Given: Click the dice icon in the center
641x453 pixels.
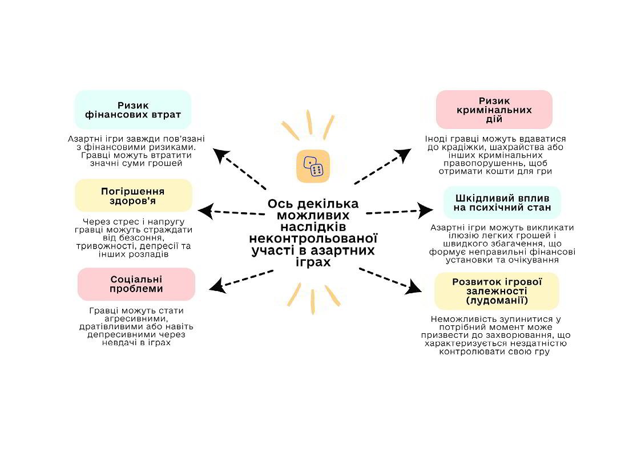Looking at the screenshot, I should tap(313, 167).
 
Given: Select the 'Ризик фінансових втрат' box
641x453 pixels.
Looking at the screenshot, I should tap(133, 110).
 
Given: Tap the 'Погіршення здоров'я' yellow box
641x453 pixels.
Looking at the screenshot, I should tap(133, 196).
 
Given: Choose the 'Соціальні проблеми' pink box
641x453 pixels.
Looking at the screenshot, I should tap(136, 284).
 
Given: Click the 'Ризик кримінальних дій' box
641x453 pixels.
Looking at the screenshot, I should tap(494, 110).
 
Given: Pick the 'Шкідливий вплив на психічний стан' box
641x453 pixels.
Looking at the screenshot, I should tap(502, 203).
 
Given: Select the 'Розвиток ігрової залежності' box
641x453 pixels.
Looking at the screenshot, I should tap(497, 291).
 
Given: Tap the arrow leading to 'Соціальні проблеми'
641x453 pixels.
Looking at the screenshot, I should tap(240, 279).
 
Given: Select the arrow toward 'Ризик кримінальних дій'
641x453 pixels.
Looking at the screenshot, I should tap(383, 167).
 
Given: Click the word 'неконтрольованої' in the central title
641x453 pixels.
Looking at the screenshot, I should tap(314, 238).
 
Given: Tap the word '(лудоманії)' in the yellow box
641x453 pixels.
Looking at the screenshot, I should tap(497, 301).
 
